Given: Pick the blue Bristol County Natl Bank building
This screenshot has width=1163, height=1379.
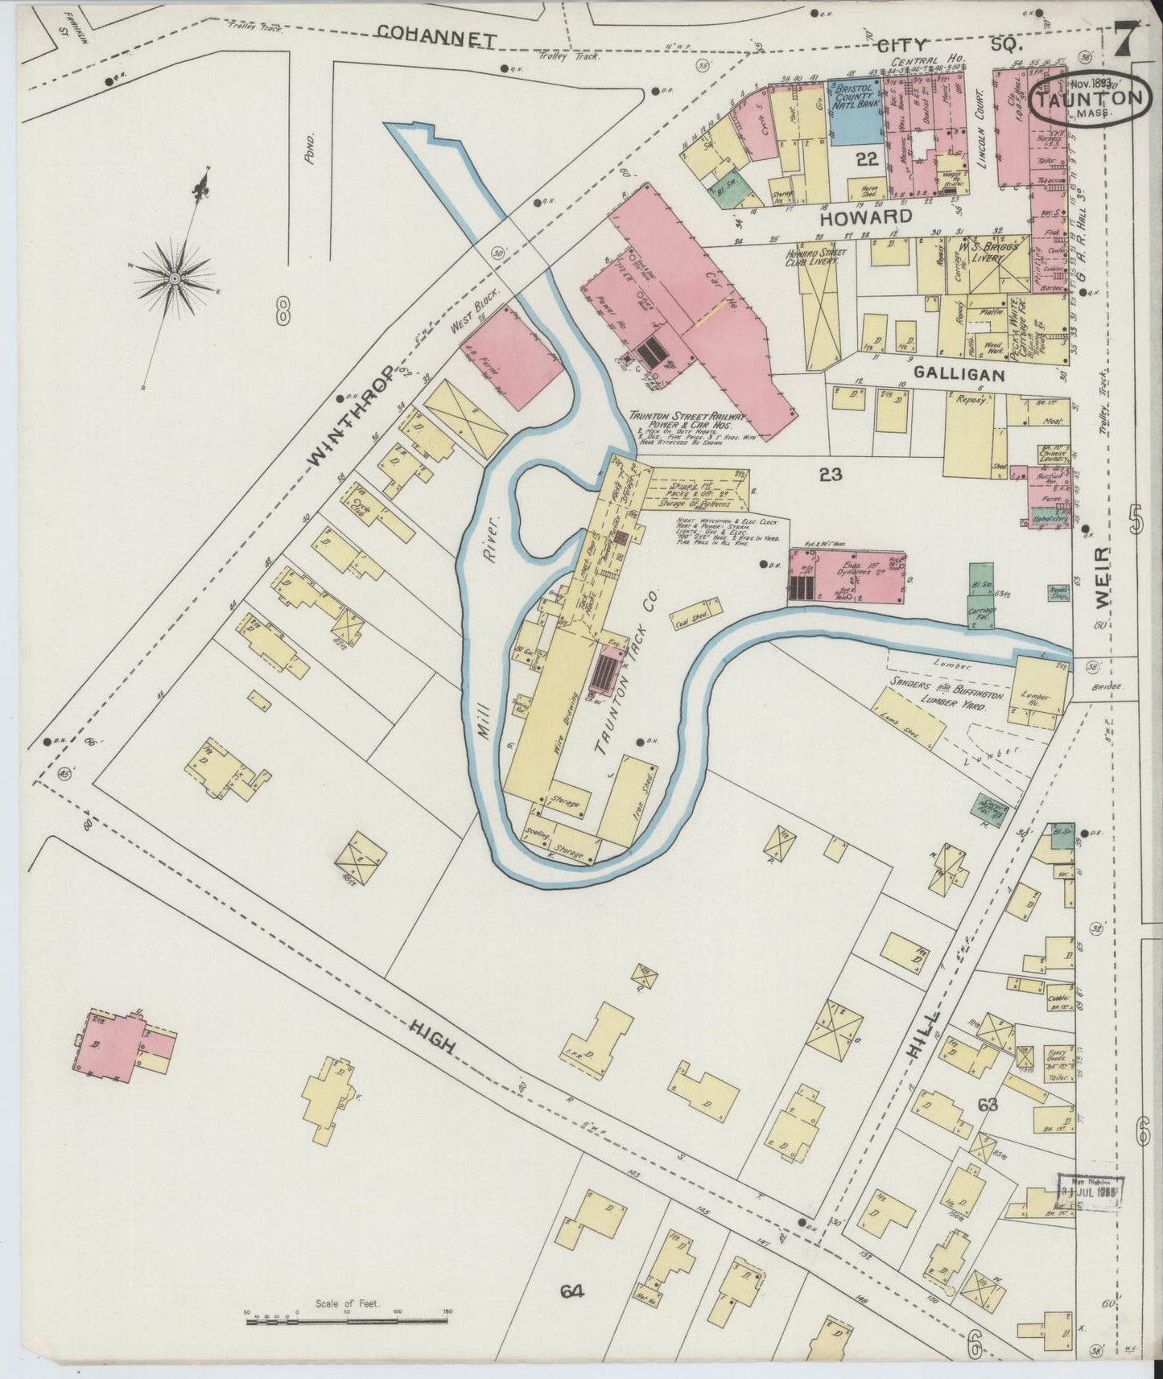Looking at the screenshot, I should (856, 110).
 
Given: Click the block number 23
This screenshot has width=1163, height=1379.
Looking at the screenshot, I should (830, 475).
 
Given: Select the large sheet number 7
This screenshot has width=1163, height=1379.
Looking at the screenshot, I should (1124, 36).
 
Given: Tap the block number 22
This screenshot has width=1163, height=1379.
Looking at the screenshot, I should (866, 159).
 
